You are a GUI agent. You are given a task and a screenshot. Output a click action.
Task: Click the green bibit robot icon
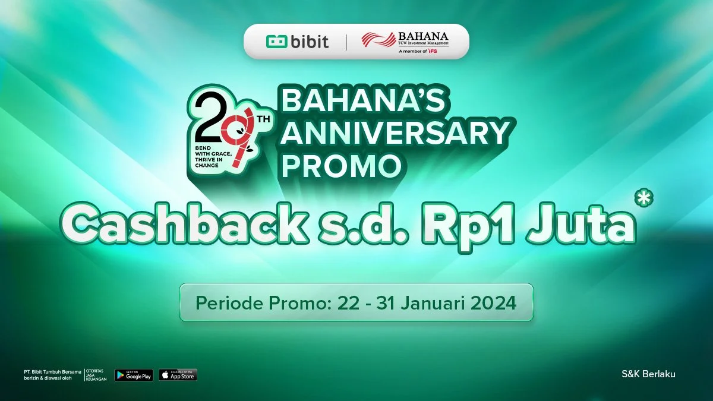click(276, 42)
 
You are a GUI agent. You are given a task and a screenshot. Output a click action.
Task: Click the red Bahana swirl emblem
click(378, 40)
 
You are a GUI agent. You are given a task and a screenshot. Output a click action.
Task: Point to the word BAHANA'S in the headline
click(363, 103)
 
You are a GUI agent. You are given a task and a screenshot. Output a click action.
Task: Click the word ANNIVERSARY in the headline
click(395, 134)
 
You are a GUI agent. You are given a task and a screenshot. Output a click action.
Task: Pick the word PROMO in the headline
click(340, 166)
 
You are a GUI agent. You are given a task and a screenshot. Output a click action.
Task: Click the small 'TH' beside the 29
click(263, 119)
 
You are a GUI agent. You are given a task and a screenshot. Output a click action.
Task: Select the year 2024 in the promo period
click(490, 302)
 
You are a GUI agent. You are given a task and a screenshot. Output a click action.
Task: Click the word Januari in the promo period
click(430, 302)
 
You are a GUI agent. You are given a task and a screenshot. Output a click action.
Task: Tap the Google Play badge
click(134, 375)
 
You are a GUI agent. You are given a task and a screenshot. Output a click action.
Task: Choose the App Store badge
click(178, 375)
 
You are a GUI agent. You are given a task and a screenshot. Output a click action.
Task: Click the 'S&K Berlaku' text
click(648, 374)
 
